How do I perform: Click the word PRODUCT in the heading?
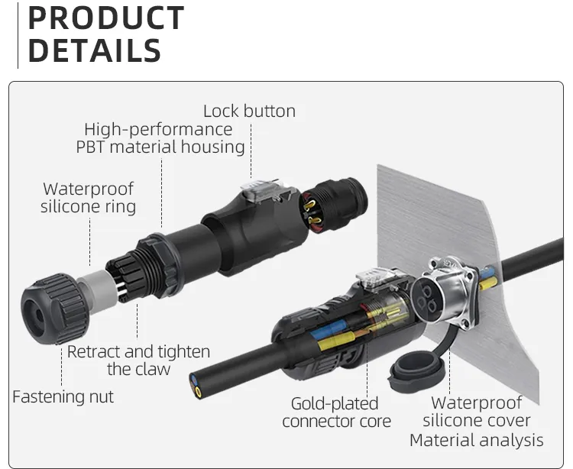105,18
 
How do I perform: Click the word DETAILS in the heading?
94,51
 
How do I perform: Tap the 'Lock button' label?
249,111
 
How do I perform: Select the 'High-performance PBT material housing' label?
160,138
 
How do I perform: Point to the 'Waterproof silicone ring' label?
88,198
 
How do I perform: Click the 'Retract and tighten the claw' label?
138,361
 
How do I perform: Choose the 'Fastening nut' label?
63,396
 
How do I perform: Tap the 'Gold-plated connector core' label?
335,412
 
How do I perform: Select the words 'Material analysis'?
476,440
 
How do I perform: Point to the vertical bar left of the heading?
17,35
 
